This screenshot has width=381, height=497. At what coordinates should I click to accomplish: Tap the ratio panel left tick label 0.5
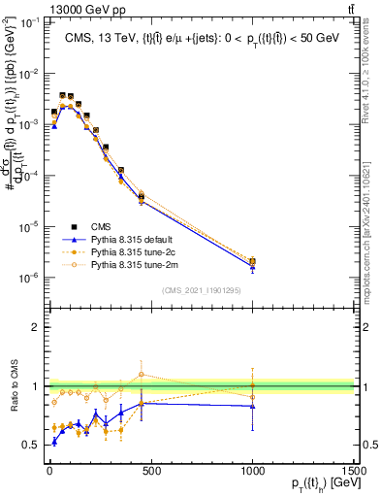pyautogui.click(x=28, y=444)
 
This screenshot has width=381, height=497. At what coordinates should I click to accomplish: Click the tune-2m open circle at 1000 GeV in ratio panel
pyautogui.click(x=253, y=396)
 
